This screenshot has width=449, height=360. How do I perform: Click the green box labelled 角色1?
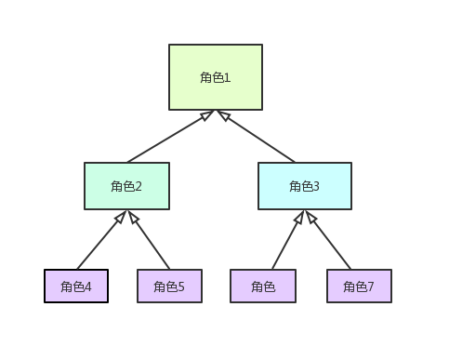pyautogui.click(x=216, y=77)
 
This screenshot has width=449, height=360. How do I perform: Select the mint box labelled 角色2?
pyautogui.click(x=126, y=186)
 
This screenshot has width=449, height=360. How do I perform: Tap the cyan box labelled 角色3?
pyautogui.click(x=305, y=186)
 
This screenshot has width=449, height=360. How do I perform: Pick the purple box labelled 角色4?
pyautogui.click(x=76, y=287)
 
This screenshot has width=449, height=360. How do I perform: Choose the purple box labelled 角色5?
pyautogui.click(x=169, y=287)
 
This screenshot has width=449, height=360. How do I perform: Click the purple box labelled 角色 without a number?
pyautogui.click(x=263, y=287)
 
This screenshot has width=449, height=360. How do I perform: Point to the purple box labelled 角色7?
pyautogui.click(x=359, y=287)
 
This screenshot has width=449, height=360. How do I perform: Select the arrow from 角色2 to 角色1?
pyautogui.click(x=167, y=138)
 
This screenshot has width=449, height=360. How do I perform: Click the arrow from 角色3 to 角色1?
pyautogui.click(x=260, y=138)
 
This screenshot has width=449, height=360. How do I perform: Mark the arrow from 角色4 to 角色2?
pyautogui.click(x=99, y=244)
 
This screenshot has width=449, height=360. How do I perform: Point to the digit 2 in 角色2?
pyautogui.click(x=139, y=186)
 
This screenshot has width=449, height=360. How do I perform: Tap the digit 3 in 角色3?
pyautogui.click(x=316, y=186)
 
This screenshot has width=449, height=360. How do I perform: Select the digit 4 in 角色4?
pyautogui.click(x=88, y=287)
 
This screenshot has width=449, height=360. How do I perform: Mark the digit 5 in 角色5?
pyautogui.click(x=181, y=287)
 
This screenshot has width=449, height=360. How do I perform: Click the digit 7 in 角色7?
pyautogui.click(x=371, y=287)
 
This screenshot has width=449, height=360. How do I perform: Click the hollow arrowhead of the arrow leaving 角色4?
pyautogui.click(x=119, y=218)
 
